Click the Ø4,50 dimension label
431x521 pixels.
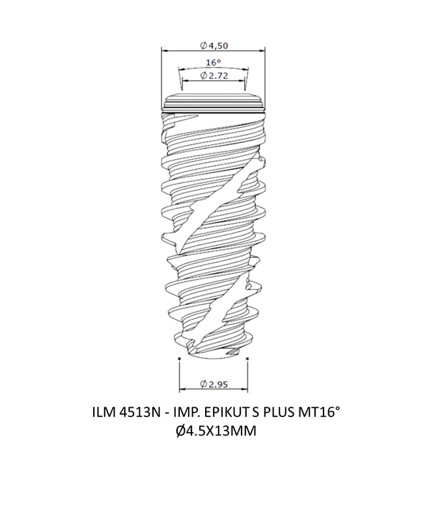(214, 46)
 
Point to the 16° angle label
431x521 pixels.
(213, 62)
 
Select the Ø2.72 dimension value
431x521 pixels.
(214, 75)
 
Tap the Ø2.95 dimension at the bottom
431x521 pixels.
(214, 384)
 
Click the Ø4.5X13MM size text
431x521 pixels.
(216, 431)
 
